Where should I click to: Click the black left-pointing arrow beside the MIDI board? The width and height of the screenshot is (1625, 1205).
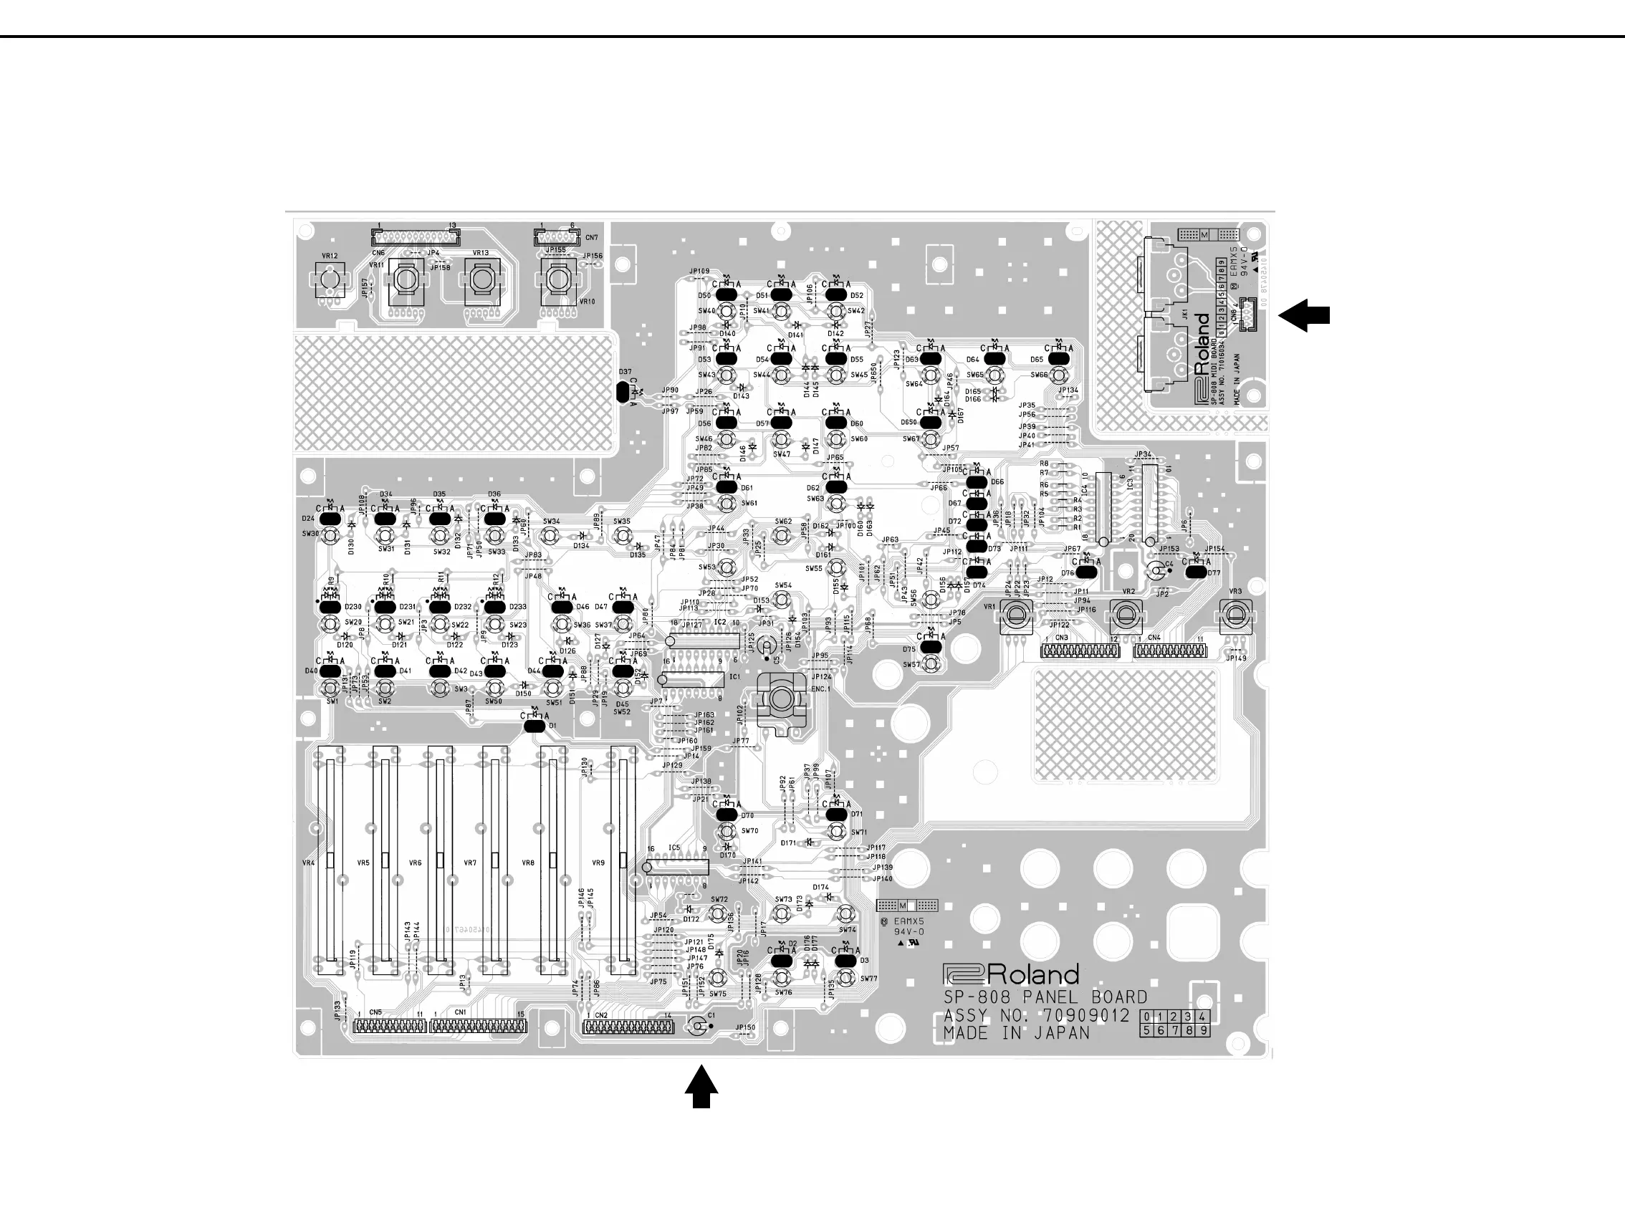[x=1304, y=316]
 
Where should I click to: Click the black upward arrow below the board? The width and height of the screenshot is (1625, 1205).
[x=701, y=1087]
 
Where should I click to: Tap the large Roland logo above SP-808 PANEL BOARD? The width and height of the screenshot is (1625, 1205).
[x=1010, y=975]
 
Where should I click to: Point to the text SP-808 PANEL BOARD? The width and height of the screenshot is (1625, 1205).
[x=1045, y=997]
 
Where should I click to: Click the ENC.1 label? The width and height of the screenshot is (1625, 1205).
[x=820, y=688]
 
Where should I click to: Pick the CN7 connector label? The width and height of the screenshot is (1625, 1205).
[x=592, y=238]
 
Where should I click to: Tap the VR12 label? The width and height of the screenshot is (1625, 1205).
[x=330, y=256]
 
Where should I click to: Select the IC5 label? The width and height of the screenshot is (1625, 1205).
[x=674, y=848]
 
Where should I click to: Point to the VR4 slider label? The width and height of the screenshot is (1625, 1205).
[x=308, y=863]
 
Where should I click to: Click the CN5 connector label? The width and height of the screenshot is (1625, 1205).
[x=375, y=1012]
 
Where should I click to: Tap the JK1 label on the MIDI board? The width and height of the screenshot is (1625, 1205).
[x=1185, y=314]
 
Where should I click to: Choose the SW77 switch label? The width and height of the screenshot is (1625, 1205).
[x=868, y=978]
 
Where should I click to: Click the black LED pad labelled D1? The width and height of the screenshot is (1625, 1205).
[x=535, y=726]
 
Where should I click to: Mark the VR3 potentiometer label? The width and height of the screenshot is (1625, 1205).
[x=1235, y=592]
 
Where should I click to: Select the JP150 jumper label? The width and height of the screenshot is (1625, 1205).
[x=745, y=1027]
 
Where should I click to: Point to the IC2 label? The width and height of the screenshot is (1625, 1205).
[x=720, y=622]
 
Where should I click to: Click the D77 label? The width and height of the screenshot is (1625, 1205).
[x=1214, y=573]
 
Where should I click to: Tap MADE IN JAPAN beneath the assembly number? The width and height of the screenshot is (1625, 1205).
[x=1016, y=1034]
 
